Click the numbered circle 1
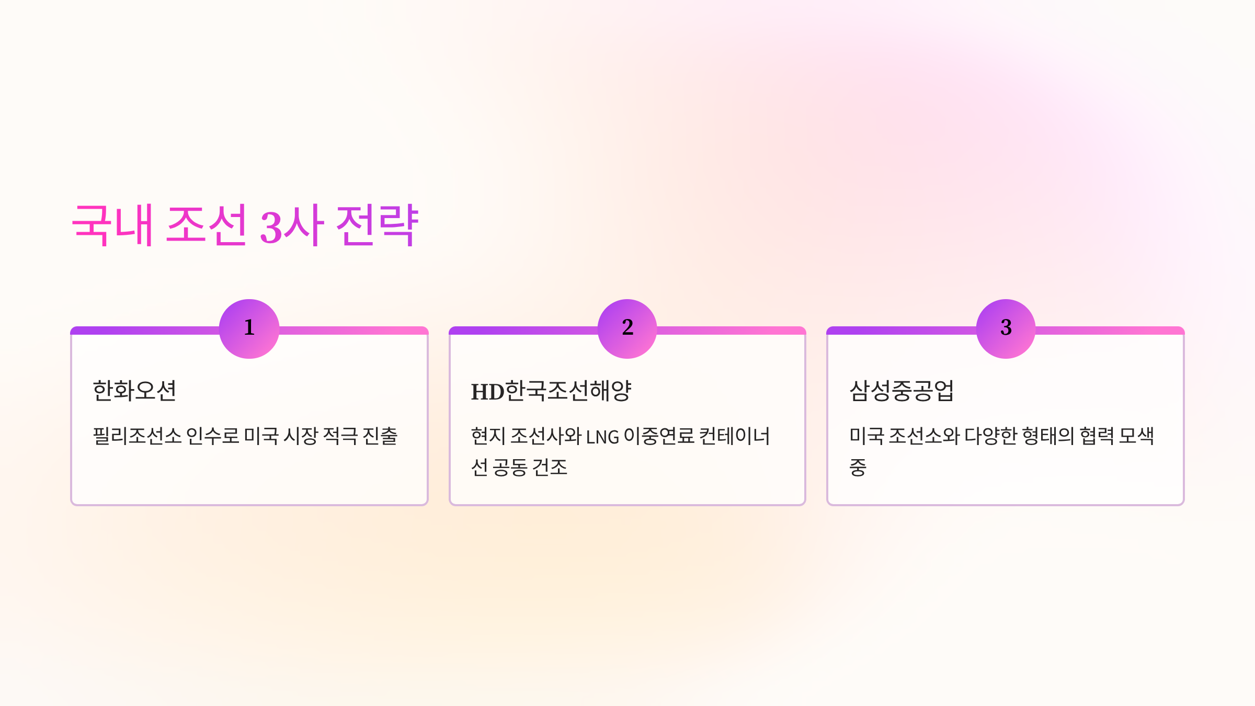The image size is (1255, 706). point(249,328)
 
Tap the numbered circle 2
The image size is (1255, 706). point(627,328)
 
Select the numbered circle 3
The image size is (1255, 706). point(1006,328)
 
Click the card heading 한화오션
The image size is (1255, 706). point(134,391)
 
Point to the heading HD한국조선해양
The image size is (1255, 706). point(551,391)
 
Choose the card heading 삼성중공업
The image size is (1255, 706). point(902,391)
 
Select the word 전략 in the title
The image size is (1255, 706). point(377,225)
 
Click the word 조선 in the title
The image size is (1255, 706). point(207,225)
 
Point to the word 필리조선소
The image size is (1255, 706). point(137,436)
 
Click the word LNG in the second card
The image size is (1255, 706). point(602,437)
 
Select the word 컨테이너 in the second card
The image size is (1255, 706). point(734,436)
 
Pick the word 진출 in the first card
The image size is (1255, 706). point(380,436)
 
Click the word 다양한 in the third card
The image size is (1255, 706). point(990,436)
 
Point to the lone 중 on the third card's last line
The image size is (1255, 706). point(858,467)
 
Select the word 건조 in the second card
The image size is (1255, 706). point(550,467)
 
